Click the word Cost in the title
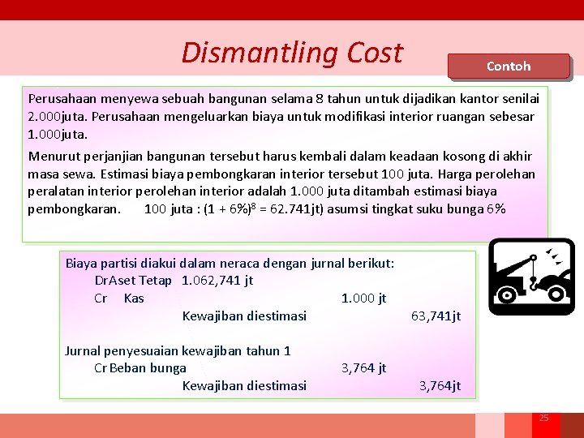[x=374, y=53]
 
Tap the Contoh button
[x=509, y=66]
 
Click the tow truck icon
[x=532, y=277]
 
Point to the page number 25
[x=544, y=418]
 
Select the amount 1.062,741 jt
[x=217, y=281]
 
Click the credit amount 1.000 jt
[x=363, y=298]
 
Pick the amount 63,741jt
[x=436, y=316]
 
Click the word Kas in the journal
[x=134, y=298]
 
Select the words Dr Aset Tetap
[x=133, y=281]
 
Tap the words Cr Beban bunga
[x=140, y=367]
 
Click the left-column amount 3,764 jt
[x=363, y=367]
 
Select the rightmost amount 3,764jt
[x=440, y=385]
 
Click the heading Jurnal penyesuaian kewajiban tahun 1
[x=178, y=350]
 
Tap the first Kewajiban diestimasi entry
[x=244, y=316]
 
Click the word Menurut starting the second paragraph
[x=54, y=157]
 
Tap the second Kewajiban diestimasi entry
[x=244, y=385]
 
